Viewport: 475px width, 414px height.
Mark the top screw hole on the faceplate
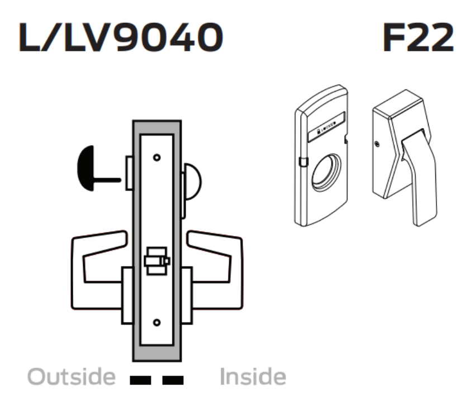click(156, 157)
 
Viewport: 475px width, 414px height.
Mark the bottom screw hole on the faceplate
click(156, 322)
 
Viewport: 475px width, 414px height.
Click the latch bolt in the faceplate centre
click(155, 261)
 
